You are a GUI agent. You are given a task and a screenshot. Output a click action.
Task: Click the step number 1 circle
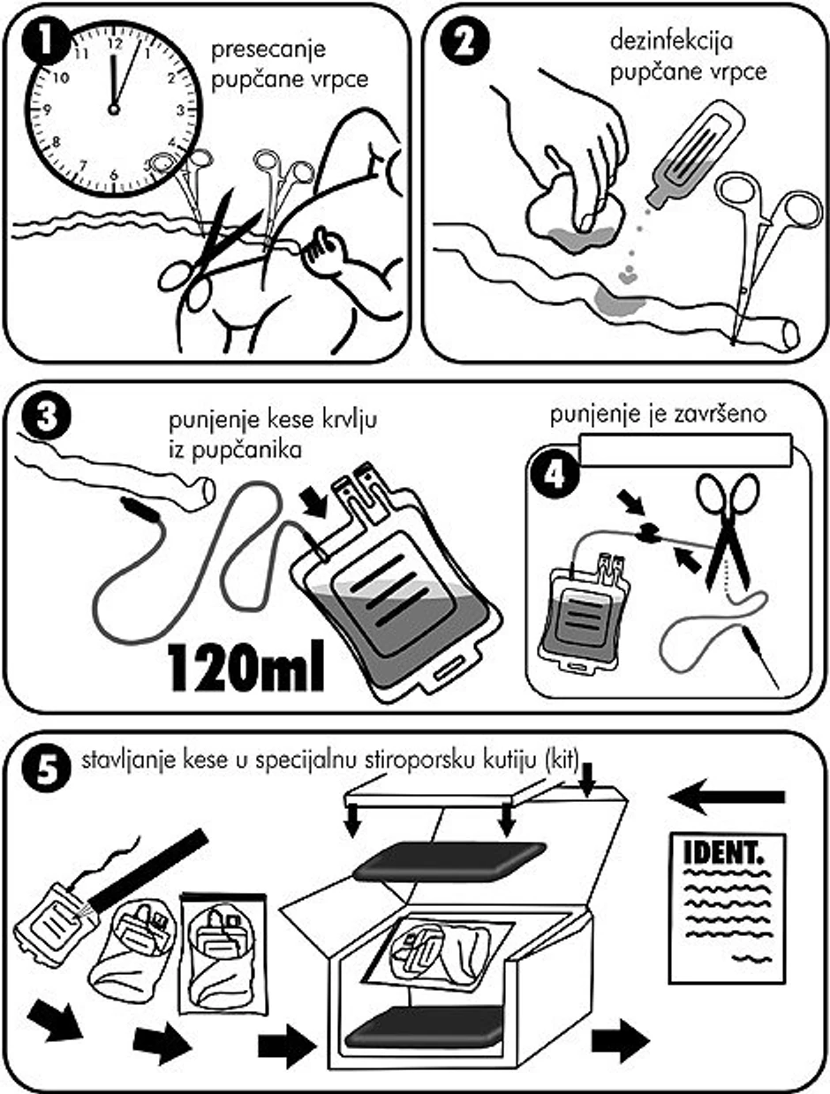click(46, 41)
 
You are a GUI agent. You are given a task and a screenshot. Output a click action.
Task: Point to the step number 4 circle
click(555, 474)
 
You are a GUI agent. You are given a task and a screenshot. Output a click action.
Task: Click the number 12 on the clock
click(115, 44)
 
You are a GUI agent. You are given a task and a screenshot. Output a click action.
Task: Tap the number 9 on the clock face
click(48, 109)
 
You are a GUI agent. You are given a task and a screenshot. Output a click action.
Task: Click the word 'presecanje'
click(268, 49)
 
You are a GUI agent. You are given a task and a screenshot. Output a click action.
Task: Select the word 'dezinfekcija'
click(671, 41)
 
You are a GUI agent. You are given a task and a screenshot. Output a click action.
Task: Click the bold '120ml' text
click(246, 666)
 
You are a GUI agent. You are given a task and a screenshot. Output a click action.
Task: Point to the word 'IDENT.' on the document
click(723, 854)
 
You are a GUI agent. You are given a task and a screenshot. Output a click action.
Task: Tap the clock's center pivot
click(114, 109)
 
